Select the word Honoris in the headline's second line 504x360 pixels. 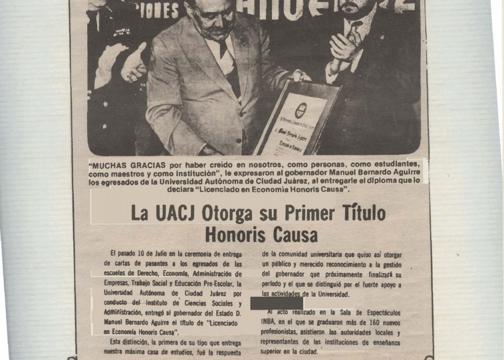[x=233, y=235]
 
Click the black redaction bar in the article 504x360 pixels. [x=277, y=303]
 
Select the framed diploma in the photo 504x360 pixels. [x=297, y=117]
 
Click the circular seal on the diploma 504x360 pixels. [x=301, y=110]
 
